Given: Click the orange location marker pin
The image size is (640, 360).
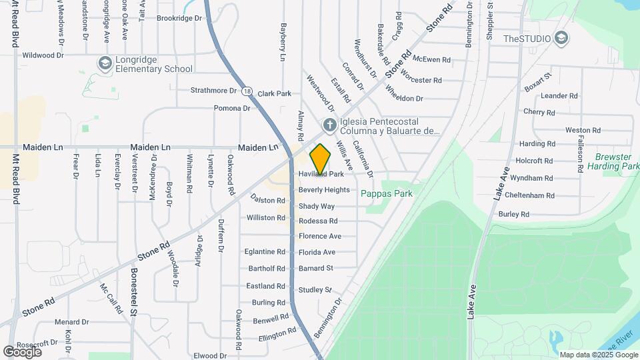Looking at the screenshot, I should (321, 159).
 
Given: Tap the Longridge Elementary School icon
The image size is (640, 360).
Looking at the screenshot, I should (105, 63).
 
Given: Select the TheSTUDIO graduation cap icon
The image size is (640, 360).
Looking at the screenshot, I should (561, 38).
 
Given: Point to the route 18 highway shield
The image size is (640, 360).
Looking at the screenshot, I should (247, 91).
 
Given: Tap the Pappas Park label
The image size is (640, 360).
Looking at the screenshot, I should (387, 193).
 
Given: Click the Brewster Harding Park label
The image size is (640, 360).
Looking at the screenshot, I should (613, 161).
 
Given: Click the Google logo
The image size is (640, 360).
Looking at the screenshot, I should (22, 351).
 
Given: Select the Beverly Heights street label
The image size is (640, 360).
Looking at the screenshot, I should (324, 190).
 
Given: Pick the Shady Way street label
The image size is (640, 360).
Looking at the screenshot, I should (317, 206).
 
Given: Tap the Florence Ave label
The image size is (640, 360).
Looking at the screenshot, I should (320, 236).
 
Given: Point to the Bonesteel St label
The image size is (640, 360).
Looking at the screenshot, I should (134, 291).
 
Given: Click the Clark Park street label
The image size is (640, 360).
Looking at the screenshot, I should (275, 94).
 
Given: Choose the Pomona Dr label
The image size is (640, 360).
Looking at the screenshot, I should (232, 108).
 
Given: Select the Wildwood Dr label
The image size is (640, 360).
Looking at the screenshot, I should (43, 55).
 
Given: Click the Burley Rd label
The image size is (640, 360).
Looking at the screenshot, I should (513, 214).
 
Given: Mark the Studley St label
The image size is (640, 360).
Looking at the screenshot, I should (315, 290).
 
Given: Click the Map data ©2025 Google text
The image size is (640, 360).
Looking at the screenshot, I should (598, 355).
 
